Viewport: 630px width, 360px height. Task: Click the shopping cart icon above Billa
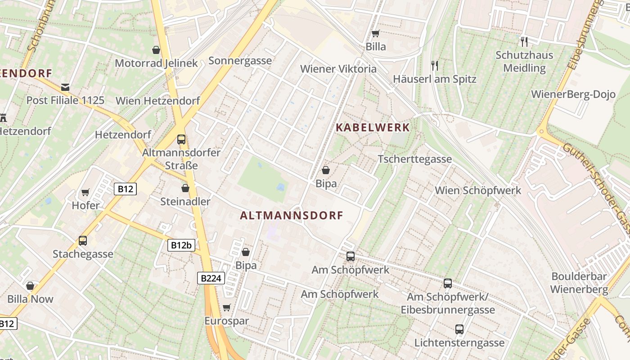[x=376, y=33]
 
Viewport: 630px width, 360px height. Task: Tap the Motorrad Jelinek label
[x=156, y=63]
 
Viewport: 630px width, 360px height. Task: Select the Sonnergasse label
[x=240, y=61]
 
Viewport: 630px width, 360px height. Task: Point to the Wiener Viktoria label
[x=338, y=69]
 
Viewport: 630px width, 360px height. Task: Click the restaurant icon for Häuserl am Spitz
[x=434, y=66]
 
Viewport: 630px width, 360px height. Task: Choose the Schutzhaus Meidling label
[x=524, y=62]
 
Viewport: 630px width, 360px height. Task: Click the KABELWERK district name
[x=373, y=128]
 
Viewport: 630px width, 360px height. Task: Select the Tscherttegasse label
[x=414, y=159]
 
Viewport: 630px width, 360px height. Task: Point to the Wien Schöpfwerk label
[x=478, y=190]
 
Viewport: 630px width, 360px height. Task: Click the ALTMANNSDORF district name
[x=292, y=216]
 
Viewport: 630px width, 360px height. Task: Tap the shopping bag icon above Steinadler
[x=185, y=188]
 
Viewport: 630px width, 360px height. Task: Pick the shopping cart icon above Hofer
[x=85, y=193]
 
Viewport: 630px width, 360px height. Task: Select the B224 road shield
[x=210, y=278]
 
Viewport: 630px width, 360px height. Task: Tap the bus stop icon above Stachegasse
[x=83, y=241]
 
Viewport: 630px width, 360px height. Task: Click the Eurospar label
[x=226, y=321]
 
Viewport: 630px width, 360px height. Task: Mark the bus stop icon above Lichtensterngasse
[x=459, y=329]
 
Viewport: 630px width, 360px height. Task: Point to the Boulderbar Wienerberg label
[x=579, y=283]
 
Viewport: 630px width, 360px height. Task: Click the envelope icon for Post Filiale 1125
[x=66, y=87]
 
